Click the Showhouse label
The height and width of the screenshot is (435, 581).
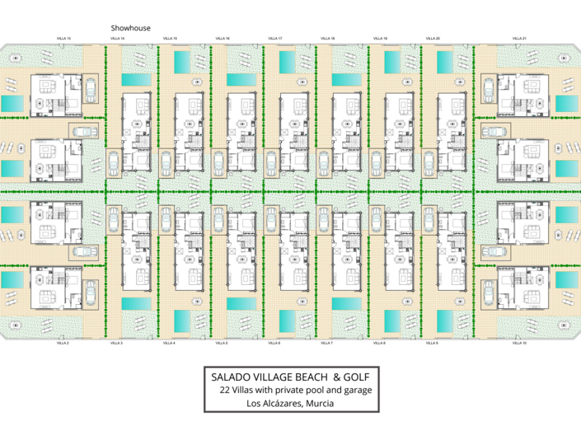[x=131, y=27]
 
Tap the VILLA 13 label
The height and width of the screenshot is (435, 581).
[x=63, y=38]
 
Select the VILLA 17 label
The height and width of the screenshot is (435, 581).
[x=274, y=38]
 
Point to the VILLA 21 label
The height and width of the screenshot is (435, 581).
[x=518, y=38]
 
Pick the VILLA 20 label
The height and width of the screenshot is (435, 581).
[x=433, y=38]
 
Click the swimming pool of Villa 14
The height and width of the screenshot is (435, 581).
[x=138, y=80]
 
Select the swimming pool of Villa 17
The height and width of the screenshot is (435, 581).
[x=286, y=62]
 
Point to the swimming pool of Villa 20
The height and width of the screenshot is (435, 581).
[x=444, y=62]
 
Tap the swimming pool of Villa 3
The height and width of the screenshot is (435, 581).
[x=138, y=304]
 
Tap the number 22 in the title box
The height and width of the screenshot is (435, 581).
[x=225, y=389]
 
